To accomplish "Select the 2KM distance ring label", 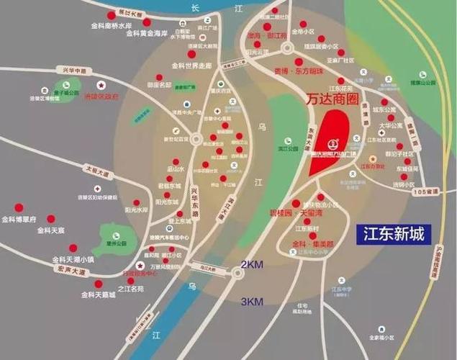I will pos(252,264).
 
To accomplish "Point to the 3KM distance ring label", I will pos(252,300).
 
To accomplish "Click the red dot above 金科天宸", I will pos(50,218).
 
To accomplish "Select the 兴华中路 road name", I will pos(73,72).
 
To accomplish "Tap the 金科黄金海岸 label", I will pos(146,33).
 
